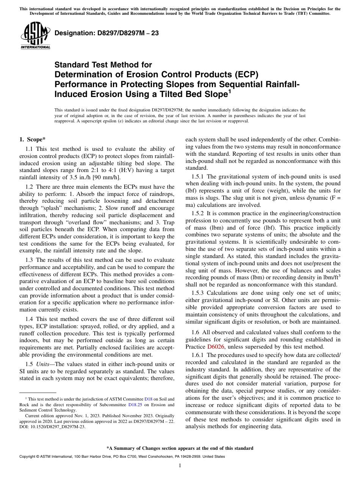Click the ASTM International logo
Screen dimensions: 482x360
coord(35,36)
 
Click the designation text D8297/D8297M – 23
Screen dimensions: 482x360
coord(106,33)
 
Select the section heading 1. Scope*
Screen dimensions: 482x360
coord(33,139)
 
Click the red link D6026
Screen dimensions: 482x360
coord(216,346)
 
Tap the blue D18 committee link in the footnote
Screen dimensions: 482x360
coord(148,399)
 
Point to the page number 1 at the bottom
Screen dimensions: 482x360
coord(180,466)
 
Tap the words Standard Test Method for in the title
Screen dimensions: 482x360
coord(103,65)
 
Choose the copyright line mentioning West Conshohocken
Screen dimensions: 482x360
coord(122,457)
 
